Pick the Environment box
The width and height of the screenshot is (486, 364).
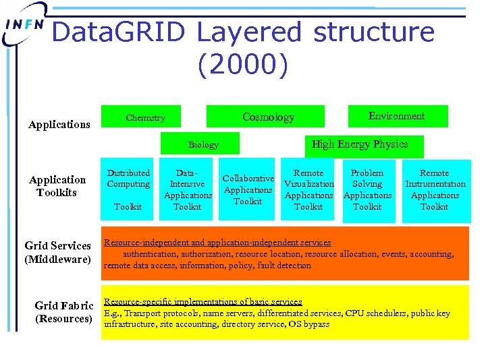click(x=397, y=116)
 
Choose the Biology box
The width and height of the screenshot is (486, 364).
click(x=203, y=144)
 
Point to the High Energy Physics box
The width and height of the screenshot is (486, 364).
click(x=359, y=144)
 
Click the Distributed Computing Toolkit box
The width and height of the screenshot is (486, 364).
click(x=128, y=189)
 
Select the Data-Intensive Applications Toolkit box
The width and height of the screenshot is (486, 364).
click(x=187, y=189)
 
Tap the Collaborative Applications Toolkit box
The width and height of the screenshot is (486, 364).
click(x=248, y=189)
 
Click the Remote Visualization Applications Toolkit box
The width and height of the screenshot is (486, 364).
click(x=308, y=189)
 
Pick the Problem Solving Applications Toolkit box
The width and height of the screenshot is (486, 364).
click(x=367, y=189)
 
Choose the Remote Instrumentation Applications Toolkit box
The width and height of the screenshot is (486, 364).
click(x=434, y=189)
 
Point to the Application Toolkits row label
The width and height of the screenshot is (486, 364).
click(x=57, y=185)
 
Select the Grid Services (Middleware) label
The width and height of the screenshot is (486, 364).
click(x=57, y=251)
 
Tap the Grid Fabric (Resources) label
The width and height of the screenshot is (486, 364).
click(x=63, y=311)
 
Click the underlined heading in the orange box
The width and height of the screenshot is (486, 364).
click(x=217, y=242)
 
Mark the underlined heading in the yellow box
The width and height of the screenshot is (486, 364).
click(x=202, y=302)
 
